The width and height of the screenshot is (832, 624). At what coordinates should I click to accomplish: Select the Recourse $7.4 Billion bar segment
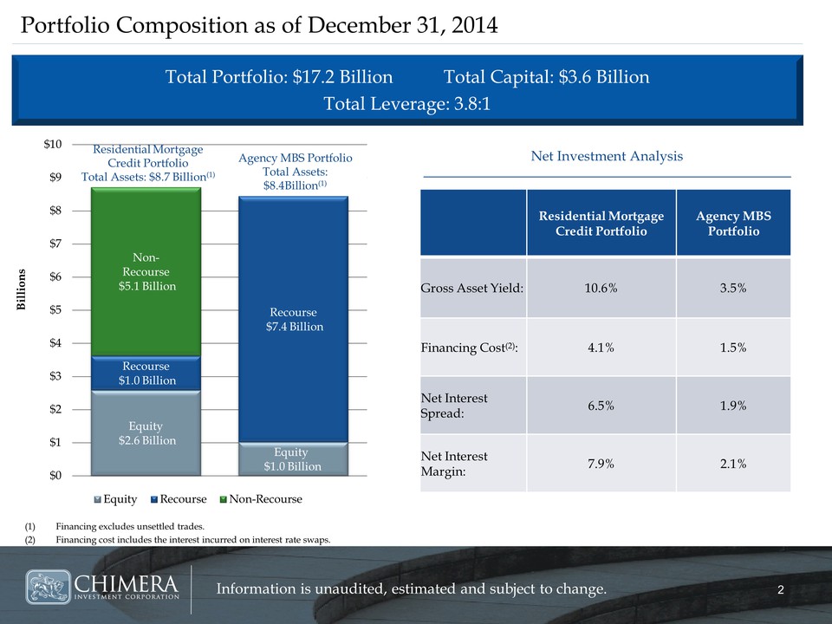[x=294, y=319]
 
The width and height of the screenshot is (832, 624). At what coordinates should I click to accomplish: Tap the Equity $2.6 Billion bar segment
[x=147, y=433]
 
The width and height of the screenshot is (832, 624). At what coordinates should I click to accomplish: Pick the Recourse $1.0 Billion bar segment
[x=147, y=374]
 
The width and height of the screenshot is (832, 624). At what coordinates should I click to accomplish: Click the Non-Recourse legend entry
[x=259, y=499]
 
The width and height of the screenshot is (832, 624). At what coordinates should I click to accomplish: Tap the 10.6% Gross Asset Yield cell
[x=601, y=289]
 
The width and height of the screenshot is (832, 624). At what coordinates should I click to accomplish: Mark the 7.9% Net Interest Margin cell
[x=601, y=463]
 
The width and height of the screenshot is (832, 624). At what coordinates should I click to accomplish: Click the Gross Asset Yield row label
[x=471, y=289]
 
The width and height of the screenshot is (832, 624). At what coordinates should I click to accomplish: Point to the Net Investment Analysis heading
[x=606, y=156]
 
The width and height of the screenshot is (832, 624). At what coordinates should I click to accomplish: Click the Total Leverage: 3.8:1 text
[x=406, y=105]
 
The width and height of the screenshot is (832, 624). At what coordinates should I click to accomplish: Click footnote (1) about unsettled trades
[x=131, y=526]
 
